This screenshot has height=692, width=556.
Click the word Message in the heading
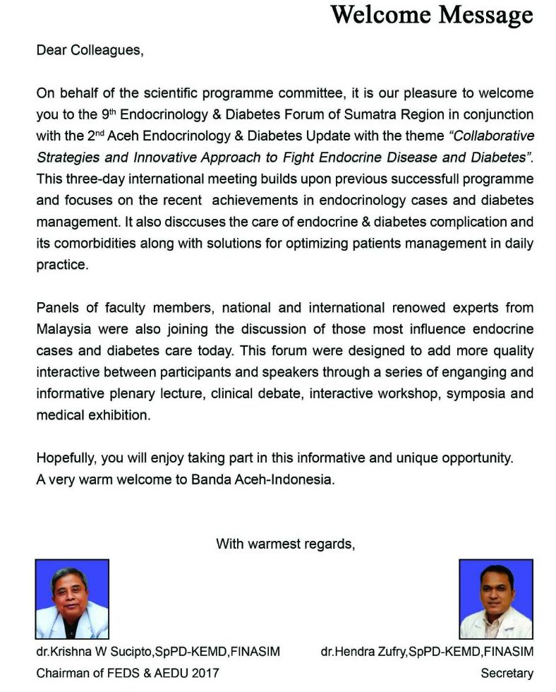tap(483, 14)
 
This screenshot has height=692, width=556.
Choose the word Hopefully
tap(66, 458)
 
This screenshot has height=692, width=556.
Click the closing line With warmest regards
tap(285, 544)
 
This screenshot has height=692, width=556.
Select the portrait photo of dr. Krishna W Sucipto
tap(72, 599)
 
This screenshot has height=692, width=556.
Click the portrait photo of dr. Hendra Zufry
tap(495, 599)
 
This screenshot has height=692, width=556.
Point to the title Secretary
tap(507, 673)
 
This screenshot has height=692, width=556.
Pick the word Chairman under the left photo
tap(64, 673)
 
